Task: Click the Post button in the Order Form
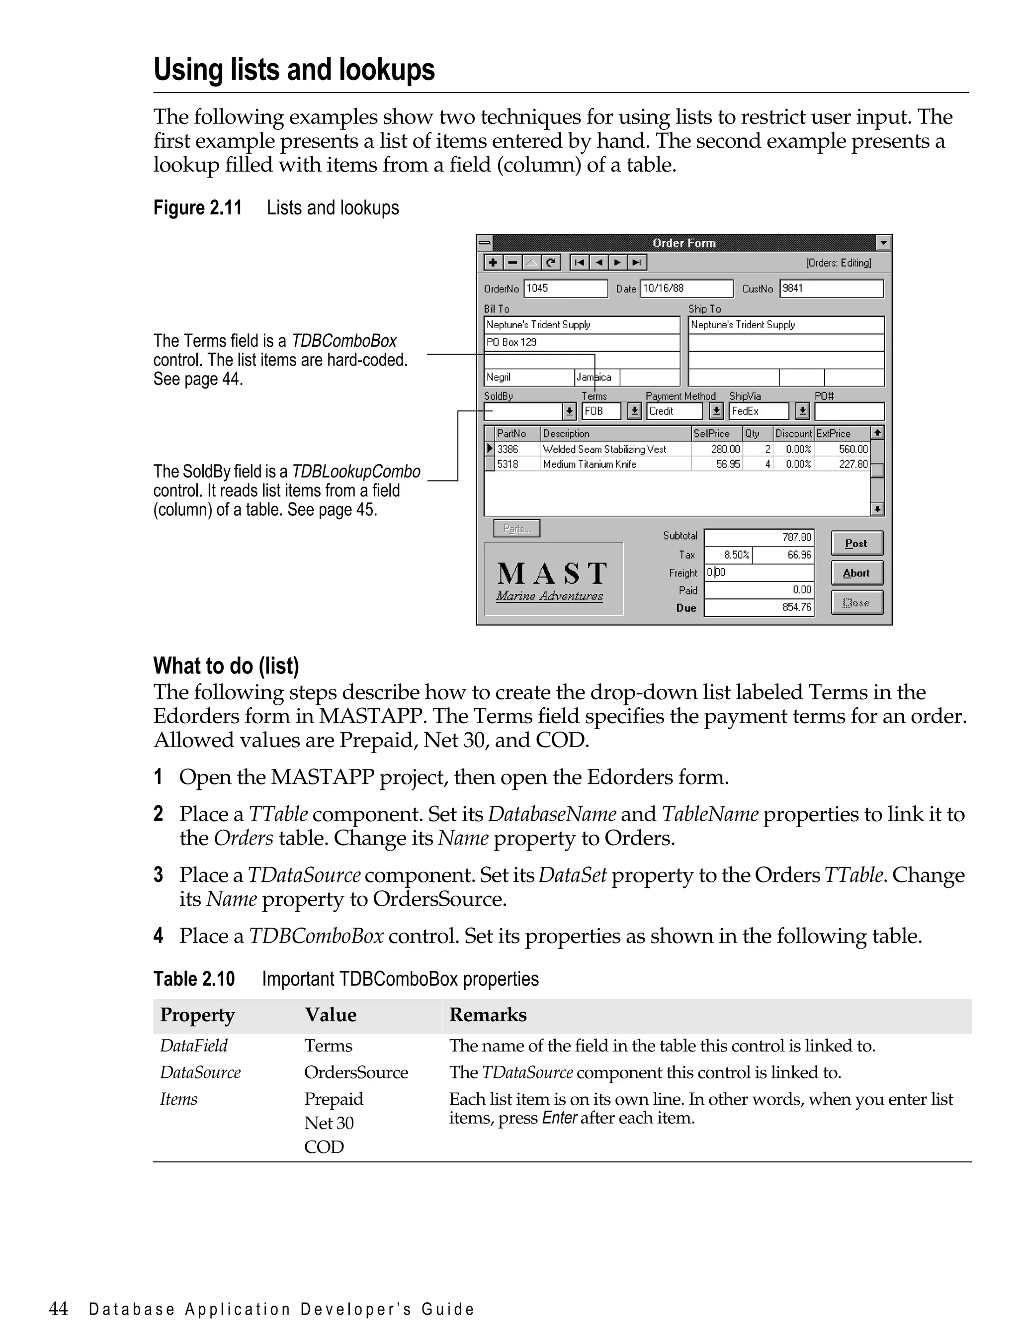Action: click(856, 543)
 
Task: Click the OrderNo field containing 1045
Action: click(565, 288)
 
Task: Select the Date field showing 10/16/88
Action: click(686, 288)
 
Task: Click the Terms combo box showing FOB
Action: click(601, 411)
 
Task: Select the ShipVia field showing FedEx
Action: click(759, 411)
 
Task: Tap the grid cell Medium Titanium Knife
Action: click(590, 465)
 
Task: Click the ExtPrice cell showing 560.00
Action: click(852, 449)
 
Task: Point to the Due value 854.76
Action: click(796, 607)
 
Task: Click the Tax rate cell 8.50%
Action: click(736, 555)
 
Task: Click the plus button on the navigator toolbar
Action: click(493, 263)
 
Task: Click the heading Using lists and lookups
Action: click(294, 70)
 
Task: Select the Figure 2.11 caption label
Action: click(197, 208)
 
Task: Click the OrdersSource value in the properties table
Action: click(356, 1072)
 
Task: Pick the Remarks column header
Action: click(487, 1015)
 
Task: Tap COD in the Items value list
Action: click(324, 1147)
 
